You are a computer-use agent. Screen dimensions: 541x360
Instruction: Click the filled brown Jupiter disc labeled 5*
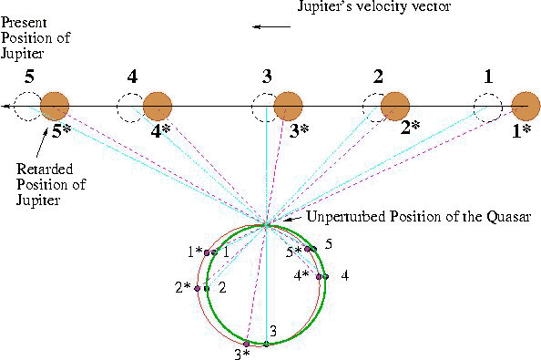pyautogui.click(x=55, y=107)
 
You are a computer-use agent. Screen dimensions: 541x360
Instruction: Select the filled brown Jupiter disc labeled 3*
pyautogui.click(x=288, y=107)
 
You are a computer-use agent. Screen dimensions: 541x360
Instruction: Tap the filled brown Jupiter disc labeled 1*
pyautogui.click(x=526, y=107)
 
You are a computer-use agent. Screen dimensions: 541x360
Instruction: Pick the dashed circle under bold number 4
pyautogui.click(x=131, y=108)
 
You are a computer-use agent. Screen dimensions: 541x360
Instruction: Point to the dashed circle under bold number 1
pyautogui.click(x=488, y=108)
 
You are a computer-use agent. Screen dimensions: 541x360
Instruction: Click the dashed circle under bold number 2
pyautogui.click(x=377, y=108)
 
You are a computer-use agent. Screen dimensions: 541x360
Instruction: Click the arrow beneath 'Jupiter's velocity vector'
pyautogui.click(x=271, y=26)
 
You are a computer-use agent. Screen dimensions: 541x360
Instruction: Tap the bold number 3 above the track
pyautogui.click(x=267, y=77)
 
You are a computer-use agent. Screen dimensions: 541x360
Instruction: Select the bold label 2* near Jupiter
pyautogui.click(x=410, y=129)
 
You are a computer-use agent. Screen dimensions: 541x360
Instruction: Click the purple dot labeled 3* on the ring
pyautogui.click(x=246, y=344)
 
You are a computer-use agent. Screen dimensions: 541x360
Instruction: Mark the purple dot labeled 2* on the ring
pyautogui.click(x=198, y=288)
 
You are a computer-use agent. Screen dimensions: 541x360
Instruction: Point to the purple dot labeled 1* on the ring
pyautogui.click(x=207, y=253)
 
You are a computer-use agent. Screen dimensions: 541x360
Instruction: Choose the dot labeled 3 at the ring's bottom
pyautogui.click(x=266, y=344)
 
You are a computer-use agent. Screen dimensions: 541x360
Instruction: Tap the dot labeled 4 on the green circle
pyautogui.click(x=326, y=276)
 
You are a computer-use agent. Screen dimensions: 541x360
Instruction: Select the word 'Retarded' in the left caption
pyautogui.click(x=45, y=170)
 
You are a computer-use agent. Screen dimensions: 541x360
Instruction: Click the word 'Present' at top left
pyautogui.click(x=24, y=23)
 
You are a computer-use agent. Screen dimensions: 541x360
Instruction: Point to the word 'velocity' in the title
pyautogui.click(x=382, y=6)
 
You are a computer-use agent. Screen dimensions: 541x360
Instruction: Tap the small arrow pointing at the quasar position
pyautogui.click(x=293, y=219)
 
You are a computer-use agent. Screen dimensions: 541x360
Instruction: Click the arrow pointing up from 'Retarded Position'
pyautogui.click(x=41, y=144)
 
